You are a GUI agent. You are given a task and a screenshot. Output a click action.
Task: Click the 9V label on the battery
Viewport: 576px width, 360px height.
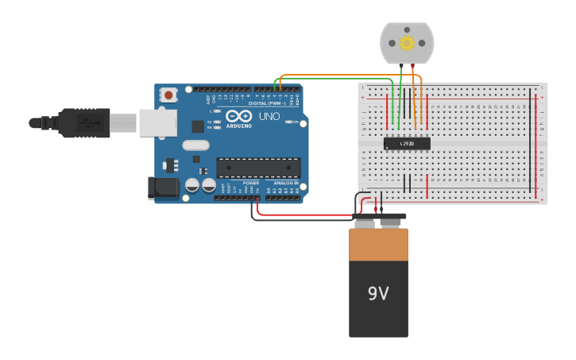[378, 293]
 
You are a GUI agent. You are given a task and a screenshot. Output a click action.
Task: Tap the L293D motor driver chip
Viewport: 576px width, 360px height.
[407, 143]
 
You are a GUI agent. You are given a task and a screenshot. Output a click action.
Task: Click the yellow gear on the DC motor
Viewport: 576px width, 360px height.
[407, 43]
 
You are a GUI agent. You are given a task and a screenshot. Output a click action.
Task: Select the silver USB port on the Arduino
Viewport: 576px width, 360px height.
[157, 122]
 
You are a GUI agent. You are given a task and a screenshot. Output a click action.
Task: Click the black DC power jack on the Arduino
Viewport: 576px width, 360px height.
[164, 188]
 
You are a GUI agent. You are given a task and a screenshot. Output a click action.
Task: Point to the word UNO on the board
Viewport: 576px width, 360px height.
[269, 117]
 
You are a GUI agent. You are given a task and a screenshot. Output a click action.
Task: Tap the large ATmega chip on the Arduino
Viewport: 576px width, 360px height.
[258, 167]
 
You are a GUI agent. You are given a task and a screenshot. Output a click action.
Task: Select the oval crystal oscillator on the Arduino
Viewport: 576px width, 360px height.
[195, 145]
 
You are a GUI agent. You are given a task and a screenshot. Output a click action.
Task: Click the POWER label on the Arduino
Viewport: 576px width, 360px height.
[250, 183]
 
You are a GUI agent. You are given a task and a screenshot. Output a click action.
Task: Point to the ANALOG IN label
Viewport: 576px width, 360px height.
[286, 183]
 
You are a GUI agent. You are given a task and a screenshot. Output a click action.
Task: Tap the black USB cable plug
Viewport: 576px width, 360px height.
[83, 122]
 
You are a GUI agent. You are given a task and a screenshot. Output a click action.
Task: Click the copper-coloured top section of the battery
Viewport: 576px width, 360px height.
[378, 245]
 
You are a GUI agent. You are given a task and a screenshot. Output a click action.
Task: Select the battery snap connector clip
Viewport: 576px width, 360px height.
[379, 216]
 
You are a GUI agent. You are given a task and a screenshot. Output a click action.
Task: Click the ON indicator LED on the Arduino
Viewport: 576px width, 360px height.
[287, 122]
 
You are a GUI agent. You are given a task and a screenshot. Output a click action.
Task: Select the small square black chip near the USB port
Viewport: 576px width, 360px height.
[198, 126]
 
